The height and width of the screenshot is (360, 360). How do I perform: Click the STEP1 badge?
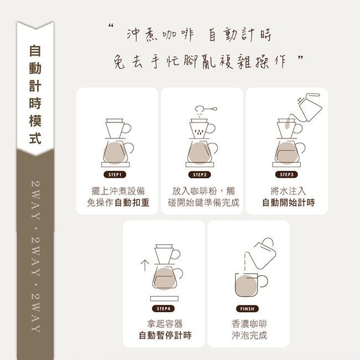116,174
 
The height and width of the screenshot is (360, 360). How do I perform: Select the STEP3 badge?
286,174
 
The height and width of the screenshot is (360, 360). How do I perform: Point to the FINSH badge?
247,308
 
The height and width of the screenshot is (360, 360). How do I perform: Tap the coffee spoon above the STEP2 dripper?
204,110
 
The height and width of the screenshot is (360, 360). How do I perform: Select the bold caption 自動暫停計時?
164,335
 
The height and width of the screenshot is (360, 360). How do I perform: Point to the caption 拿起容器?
164,323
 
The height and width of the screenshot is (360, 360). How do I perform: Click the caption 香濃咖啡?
249,323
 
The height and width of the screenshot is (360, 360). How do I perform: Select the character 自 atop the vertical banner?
35,51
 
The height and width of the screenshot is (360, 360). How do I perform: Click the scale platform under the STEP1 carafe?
116,165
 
